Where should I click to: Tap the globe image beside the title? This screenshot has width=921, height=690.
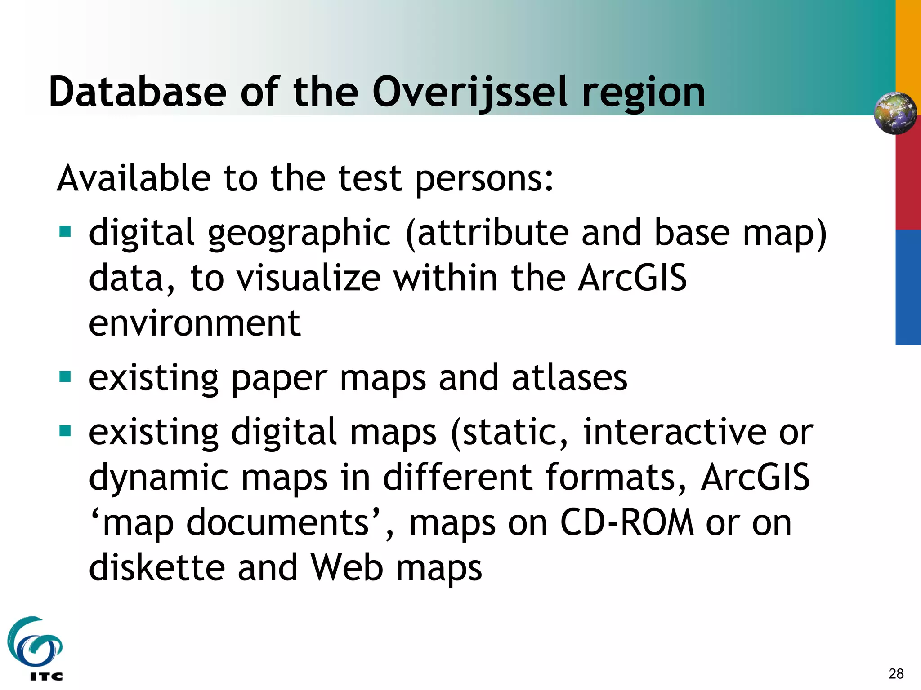895,113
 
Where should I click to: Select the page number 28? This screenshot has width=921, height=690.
896,673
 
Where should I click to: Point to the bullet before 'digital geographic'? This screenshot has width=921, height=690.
65,231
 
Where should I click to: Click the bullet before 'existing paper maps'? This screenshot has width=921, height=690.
65,376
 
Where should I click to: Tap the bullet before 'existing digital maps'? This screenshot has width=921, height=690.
65,431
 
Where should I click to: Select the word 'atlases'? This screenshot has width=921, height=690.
569,378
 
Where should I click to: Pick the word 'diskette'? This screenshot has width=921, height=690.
156,567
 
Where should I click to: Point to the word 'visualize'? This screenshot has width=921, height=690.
309,278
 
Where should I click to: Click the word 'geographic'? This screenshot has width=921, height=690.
300,233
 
